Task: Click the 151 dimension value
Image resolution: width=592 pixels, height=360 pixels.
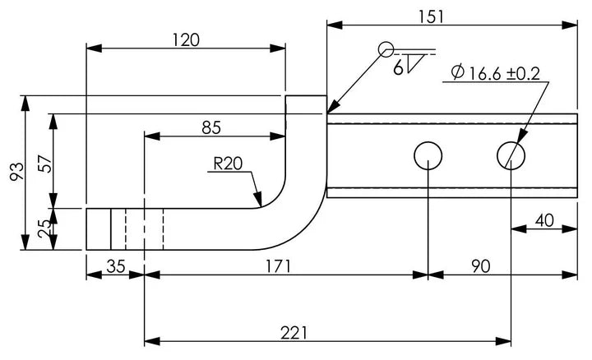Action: [x=432, y=17]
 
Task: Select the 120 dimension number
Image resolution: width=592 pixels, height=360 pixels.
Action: [x=186, y=40]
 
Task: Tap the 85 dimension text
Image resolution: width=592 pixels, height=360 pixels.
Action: [x=211, y=128]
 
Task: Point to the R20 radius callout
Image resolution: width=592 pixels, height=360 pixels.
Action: [x=228, y=164]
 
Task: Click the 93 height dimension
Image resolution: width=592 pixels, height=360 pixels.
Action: [x=16, y=172]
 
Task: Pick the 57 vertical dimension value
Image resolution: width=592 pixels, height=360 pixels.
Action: [x=46, y=164]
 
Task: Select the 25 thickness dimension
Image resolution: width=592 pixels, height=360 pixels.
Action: [x=44, y=228]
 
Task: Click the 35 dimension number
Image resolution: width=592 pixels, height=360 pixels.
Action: [x=116, y=266]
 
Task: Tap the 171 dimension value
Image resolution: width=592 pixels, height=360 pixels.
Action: [x=278, y=266]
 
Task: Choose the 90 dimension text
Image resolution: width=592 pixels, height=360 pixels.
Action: [x=481, y=266]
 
